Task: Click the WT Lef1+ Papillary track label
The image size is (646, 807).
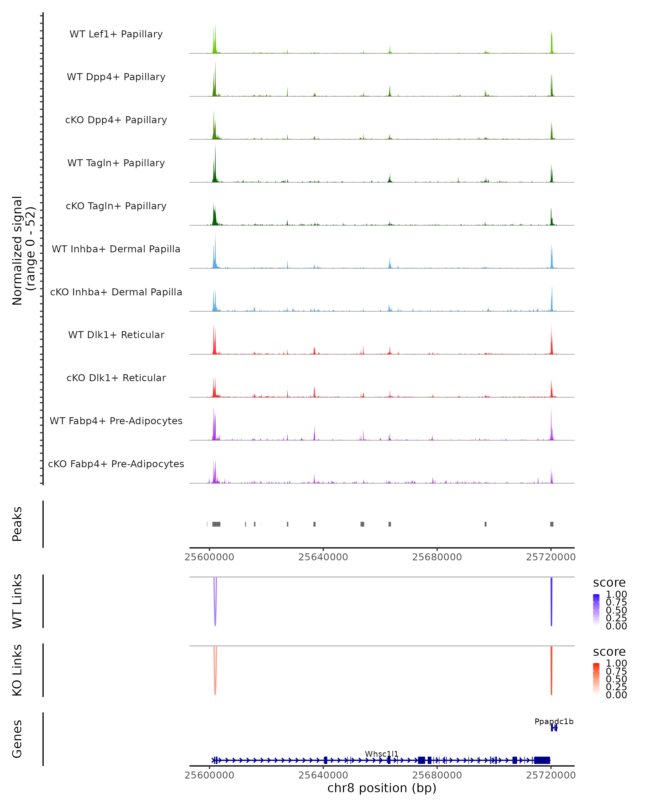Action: pos(116,34)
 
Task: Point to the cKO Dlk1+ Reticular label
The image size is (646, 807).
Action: pos(116,378)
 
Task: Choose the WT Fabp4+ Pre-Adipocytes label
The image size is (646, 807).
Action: pos(116,421)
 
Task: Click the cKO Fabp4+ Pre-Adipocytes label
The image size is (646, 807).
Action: pos(116,464)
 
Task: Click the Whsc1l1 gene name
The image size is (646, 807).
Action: pos(382,754)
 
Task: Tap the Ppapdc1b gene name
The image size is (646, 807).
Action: pos(554,721)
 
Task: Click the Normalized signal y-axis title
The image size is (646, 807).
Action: pos(23,250)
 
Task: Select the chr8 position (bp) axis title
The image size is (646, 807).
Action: pos(382,788)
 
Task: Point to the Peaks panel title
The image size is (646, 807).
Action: pos(17,524)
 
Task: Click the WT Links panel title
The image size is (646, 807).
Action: pos(17,601)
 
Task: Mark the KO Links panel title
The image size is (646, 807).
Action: pos(17,670)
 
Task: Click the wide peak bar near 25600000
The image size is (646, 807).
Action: pos(216,524)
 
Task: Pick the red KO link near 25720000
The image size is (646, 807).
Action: pos(551,670)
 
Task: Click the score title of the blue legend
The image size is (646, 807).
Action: pos(609,583)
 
